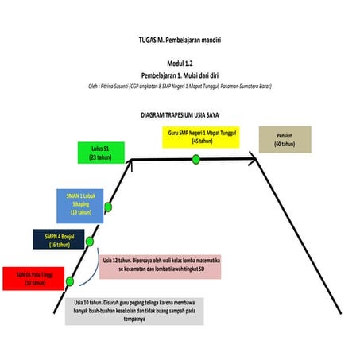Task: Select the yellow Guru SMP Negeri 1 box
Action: click(204, 134)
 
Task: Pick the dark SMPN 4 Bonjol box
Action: click(58, 240)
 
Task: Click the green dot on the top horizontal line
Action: click(195, 160)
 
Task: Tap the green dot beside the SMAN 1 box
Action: click(108, 207)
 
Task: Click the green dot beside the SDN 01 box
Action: click(70, 281)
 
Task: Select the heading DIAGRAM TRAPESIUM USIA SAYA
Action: click(179, 114)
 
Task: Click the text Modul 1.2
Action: click(180, 62)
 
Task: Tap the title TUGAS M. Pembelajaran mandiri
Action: click(180, 37)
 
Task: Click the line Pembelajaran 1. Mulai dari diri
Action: click(180, 74)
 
